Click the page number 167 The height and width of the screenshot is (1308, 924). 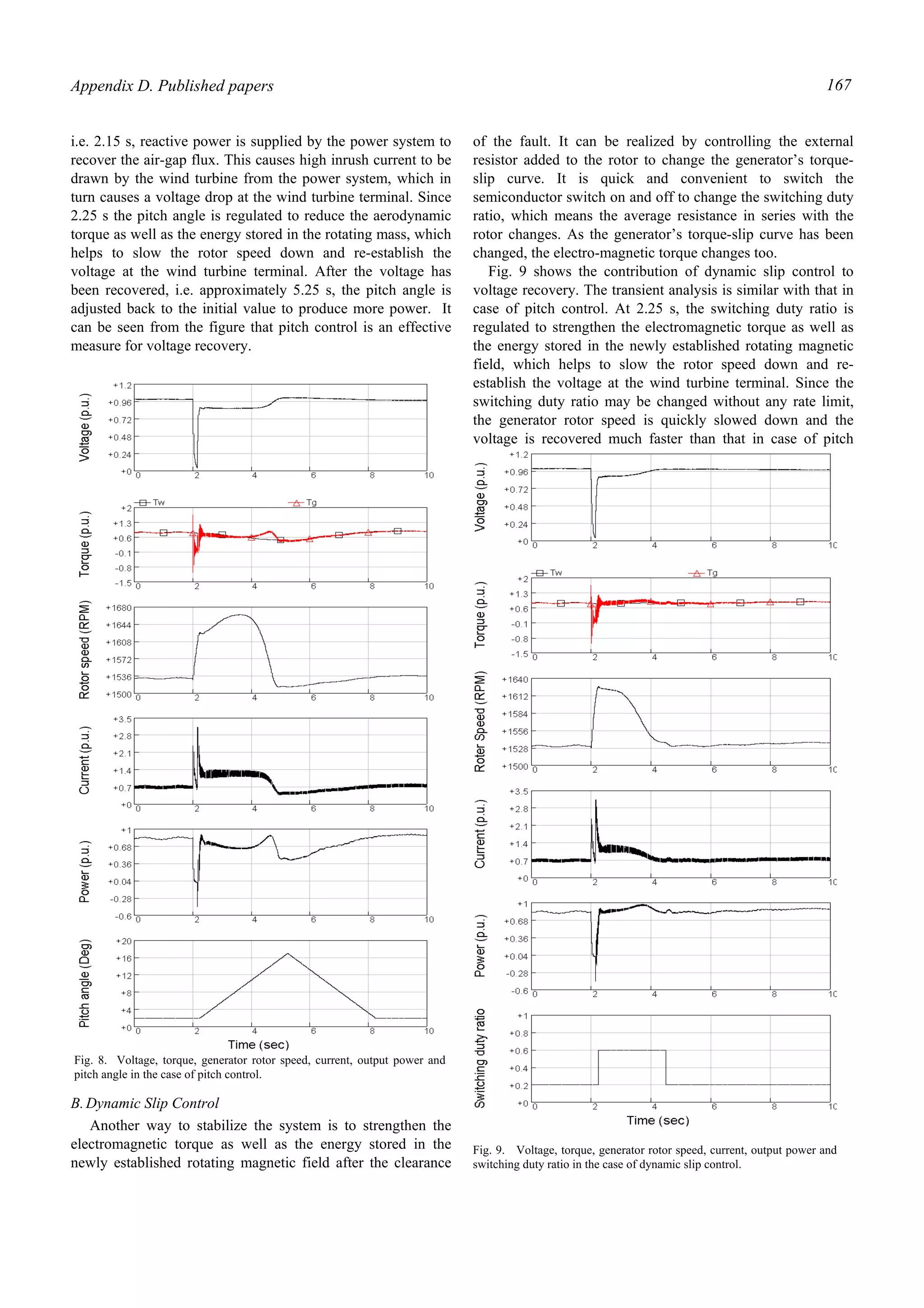pyautogui.click(x=839, y=85)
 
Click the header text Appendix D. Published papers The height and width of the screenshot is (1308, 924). pyautogui.click(x=172, y=86)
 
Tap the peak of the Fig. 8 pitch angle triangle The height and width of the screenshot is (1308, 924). pyautogui.click(x=287, y=954)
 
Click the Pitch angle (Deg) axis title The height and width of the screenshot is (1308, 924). pyautogui.click(x=84, y=983)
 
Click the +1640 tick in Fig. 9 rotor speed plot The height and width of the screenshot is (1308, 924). pyautogui.click(x=515, y=680)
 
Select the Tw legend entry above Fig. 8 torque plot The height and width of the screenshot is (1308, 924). pyautogui.click(x=152, y=502)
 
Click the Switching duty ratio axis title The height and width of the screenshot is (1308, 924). pyautogui.click(x=480, y=1058)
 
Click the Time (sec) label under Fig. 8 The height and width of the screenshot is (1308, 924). pyautogui.click(x=259, y=1045)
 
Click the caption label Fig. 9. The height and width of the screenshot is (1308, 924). pyautogui.click(x=489, y=1150)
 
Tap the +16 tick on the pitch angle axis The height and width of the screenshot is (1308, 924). pyautogui.click(x=124, y=958)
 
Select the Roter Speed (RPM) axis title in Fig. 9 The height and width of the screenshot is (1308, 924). pyautogui.click(x=480, y=722)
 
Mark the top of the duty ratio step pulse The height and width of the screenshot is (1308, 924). pyautogui.click(x=632, y=1050)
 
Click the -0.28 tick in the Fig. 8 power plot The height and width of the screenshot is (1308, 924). pyautogui.click(x=121, y=899)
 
